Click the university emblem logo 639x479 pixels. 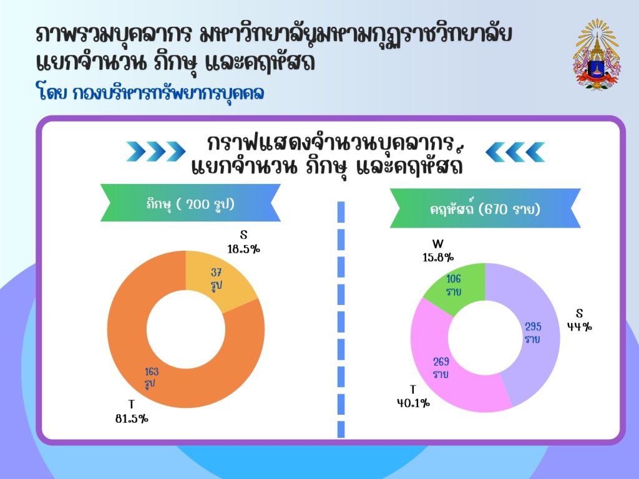[597, 54]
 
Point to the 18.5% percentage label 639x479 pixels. [244, 249]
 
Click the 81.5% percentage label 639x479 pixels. [132, 419]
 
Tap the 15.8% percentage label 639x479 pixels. [438, 258]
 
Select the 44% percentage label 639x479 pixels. [580, 327]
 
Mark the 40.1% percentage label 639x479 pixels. [414, 404]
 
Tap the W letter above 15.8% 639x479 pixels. [438, 244]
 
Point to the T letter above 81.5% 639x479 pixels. [131, 404]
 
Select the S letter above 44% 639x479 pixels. [580, 313]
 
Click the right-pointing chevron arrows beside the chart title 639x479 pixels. [155, 152]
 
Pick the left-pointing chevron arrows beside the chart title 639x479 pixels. [515, 152]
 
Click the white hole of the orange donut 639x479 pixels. [186, 329]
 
